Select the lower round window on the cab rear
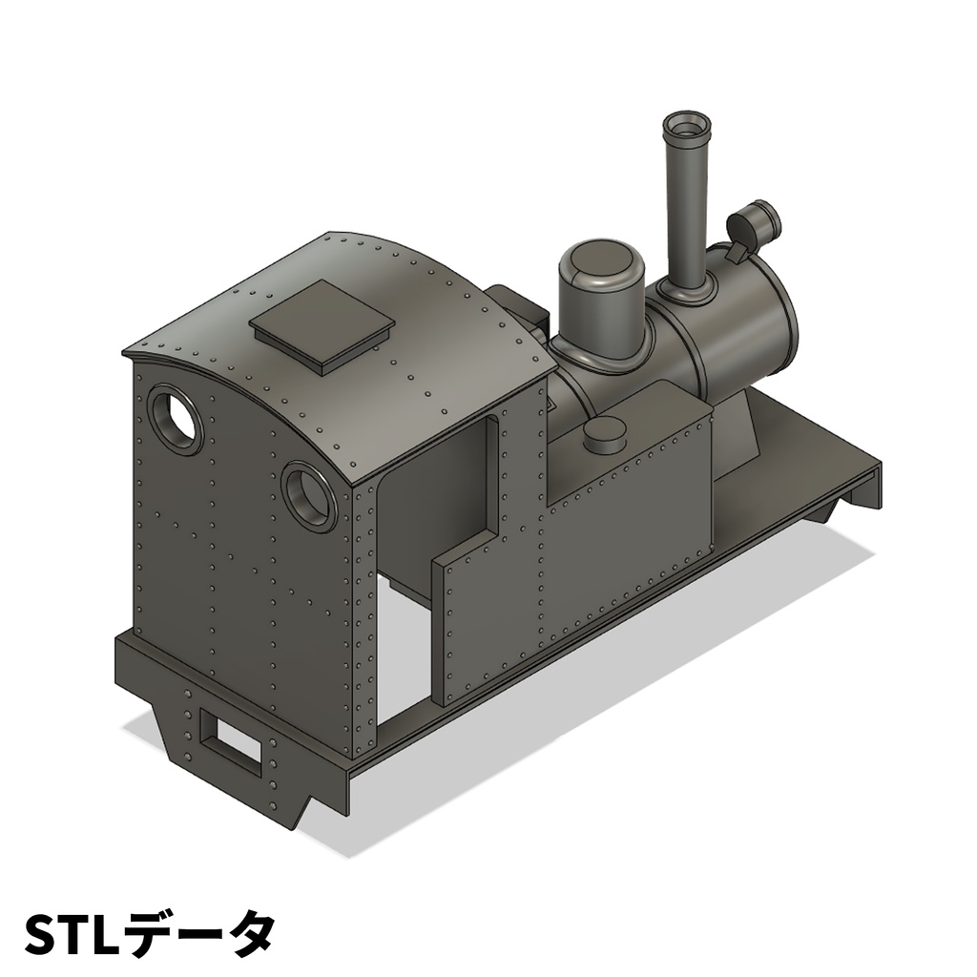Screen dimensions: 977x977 coord(308,495)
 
